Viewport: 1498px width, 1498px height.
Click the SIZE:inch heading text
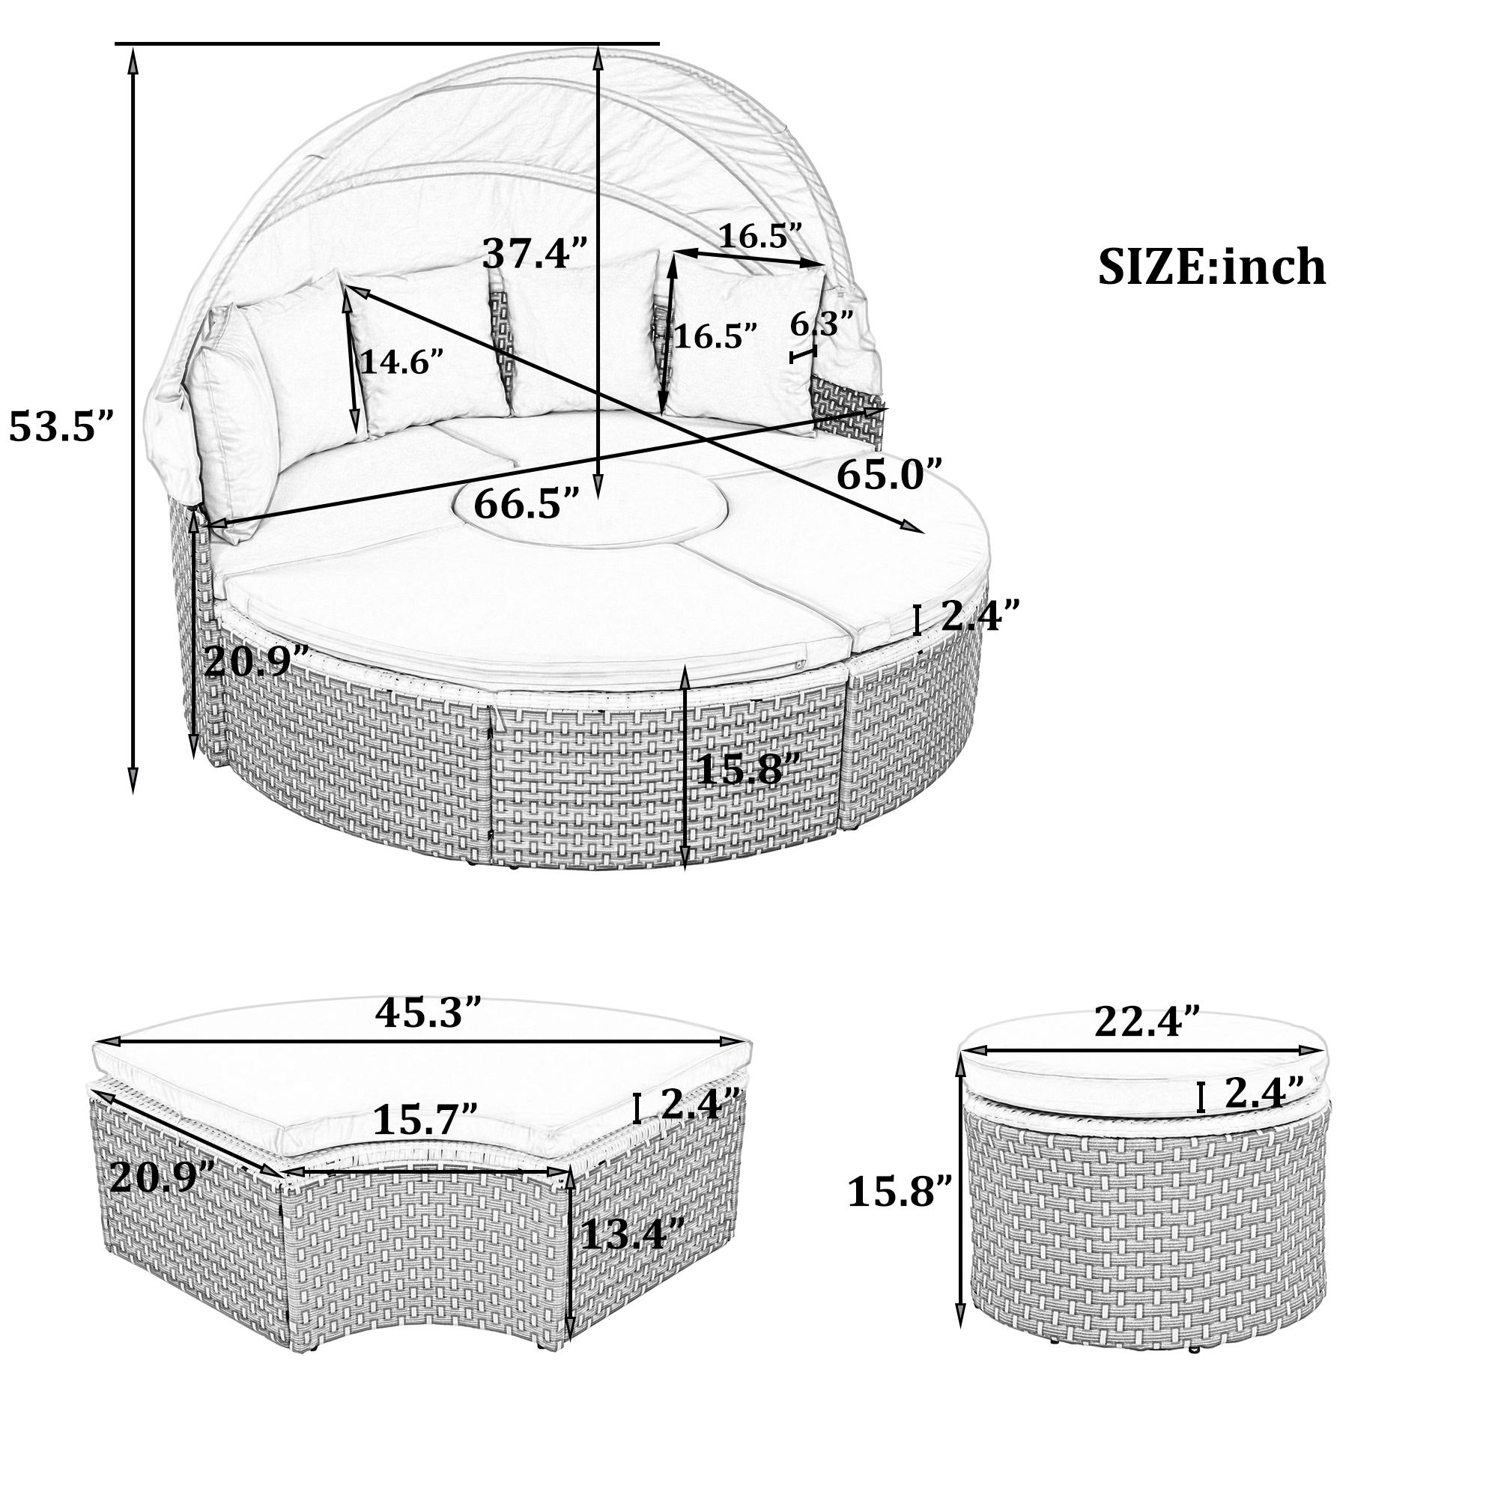pos(1211,268)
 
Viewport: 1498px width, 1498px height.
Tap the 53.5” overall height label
pos(62,426)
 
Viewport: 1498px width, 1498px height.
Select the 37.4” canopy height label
pos(536,252)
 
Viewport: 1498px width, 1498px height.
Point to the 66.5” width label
pos(527,504)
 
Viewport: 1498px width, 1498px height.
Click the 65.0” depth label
pos(889,475)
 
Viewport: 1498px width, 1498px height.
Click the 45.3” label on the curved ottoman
pos(428,1013)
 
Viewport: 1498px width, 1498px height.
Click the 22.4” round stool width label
pos(1147,1022)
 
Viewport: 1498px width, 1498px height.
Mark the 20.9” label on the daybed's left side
pos(257,661)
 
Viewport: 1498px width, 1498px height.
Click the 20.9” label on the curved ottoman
pos(162,1178)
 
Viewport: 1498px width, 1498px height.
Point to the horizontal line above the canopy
pos(388,43)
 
